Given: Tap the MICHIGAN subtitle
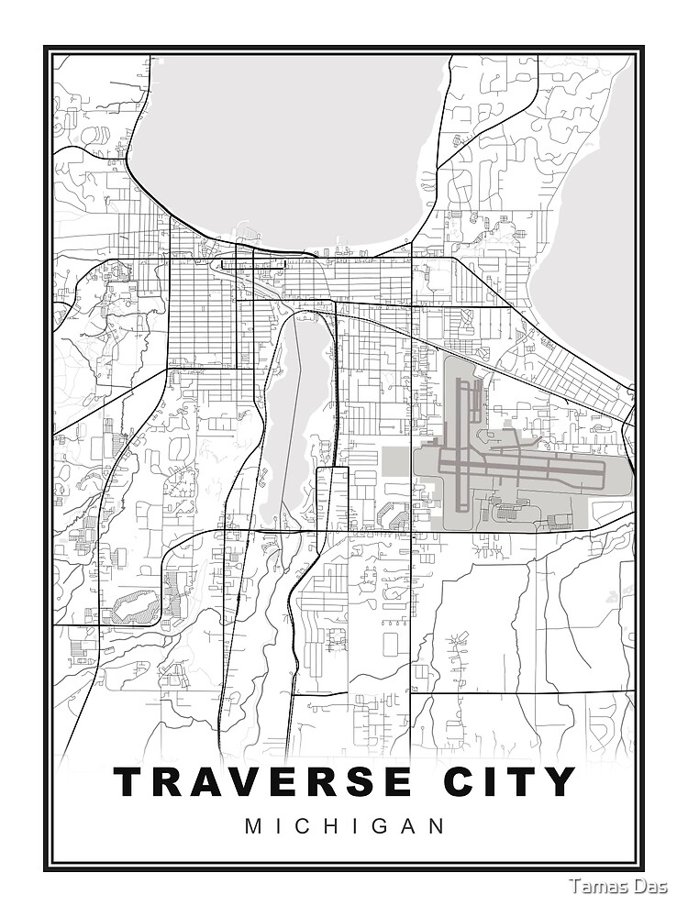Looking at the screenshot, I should (345, 826).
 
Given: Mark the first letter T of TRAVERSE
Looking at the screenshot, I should (130, 781).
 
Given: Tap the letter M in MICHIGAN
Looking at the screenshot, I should (253, 826).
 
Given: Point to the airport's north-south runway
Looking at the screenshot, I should (460, 431).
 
